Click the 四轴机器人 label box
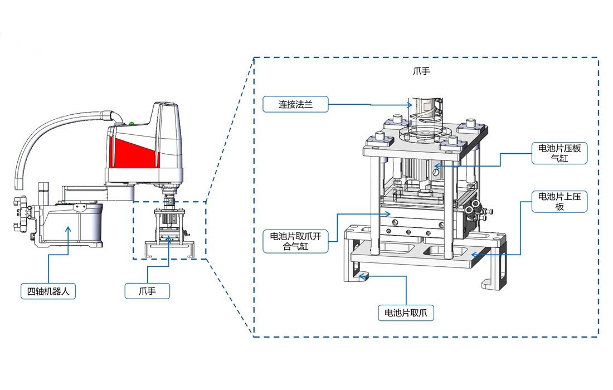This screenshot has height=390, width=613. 47,291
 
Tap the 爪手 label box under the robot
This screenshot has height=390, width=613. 147,291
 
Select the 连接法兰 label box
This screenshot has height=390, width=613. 295,104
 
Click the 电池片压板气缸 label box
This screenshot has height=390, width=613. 559,153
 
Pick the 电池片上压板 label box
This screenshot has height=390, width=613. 559,201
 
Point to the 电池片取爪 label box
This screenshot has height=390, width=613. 406,313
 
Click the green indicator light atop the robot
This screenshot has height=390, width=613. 132,124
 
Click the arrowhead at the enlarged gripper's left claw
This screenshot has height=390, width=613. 361,275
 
